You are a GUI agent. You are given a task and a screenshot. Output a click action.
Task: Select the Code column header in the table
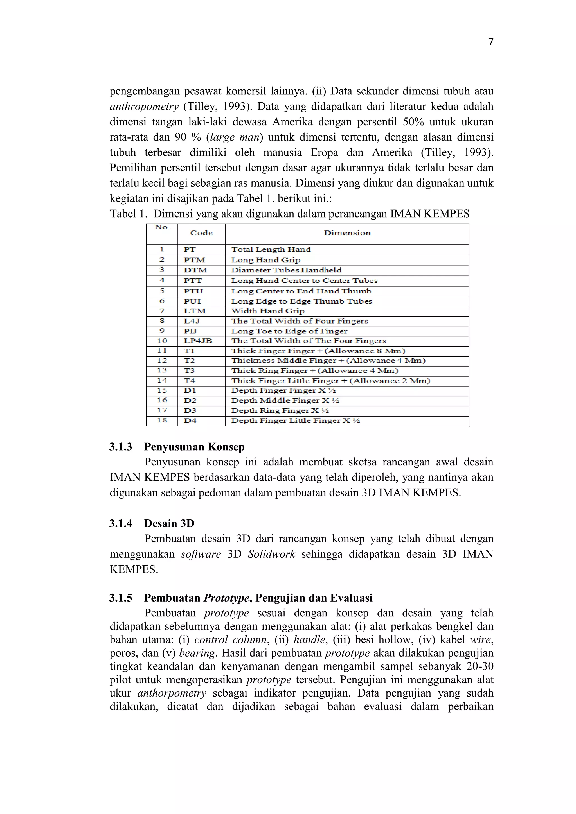(201, 233)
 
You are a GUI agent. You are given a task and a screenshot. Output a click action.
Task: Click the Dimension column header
(347, 233)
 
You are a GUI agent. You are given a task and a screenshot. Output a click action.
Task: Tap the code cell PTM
(194, 260)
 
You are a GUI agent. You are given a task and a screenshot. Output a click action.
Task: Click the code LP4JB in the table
(198, 341)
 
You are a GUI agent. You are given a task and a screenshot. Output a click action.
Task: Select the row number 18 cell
(162, 420)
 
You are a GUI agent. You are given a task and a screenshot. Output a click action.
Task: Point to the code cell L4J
(192, 321)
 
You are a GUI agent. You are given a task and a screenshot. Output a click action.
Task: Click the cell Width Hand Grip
(268, 311)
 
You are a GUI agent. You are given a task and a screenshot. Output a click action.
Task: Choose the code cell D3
(190, 411)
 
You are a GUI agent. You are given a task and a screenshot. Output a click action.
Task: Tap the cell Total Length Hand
(271, 250)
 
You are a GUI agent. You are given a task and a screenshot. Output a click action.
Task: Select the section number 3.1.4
(121, 523)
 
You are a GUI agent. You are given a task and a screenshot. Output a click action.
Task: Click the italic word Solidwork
(271, 554)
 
